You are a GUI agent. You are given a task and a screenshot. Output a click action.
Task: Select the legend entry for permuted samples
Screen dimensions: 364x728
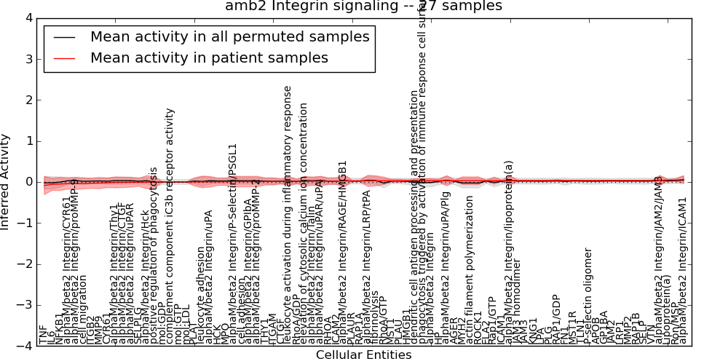coord(229,36)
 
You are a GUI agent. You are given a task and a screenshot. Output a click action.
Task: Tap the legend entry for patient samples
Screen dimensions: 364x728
coord(209,58)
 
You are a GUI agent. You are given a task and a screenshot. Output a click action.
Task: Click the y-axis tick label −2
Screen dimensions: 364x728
coord(24,264)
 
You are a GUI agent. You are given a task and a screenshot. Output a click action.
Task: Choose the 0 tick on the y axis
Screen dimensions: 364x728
coord(28,182)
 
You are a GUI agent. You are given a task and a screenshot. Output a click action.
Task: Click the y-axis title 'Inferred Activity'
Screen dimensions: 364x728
coord(7,182)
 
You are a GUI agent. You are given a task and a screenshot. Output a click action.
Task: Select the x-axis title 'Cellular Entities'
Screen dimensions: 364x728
coord(363,355)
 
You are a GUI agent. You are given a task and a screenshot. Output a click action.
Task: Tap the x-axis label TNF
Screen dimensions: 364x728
coord(42,334)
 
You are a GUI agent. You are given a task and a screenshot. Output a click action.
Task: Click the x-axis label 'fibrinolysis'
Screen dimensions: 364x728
coord(375,317)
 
